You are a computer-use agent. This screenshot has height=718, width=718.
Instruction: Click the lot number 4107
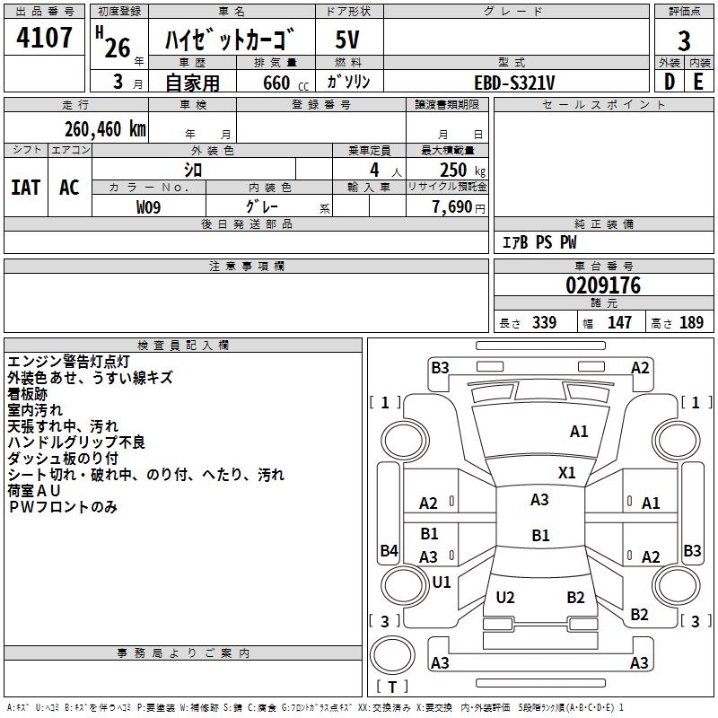(x=45, y=38)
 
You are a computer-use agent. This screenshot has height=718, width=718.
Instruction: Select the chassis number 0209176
(x=602, y=286)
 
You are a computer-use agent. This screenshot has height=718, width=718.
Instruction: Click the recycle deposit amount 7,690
(x=451, y=207)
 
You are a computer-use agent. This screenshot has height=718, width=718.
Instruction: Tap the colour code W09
(x=149, y=207)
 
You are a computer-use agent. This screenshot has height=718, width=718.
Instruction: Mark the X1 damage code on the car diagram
(x=567, y=472)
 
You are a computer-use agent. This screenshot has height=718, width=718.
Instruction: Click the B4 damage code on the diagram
(x=389, y=550)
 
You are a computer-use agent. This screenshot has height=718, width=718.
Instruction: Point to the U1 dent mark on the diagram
(x=442, y=582)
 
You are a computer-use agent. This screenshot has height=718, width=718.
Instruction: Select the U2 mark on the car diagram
(x=505, y=597)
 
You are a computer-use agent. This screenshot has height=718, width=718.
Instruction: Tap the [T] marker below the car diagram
(x=391, y=687)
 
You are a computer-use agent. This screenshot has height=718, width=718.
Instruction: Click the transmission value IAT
(x=26, y=187)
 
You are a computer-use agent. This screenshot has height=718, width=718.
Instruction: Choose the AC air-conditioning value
(x=69, y=187)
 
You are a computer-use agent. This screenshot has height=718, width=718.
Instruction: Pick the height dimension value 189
(x=691, y=323)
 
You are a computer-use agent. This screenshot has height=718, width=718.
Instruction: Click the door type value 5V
(x=348, y=39)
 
